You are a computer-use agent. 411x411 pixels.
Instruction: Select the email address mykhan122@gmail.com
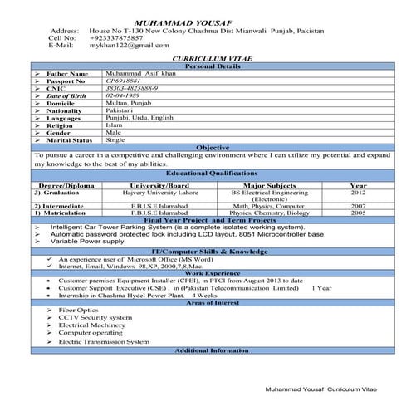[120, 46]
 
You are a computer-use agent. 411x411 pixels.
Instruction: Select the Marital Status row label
[71, 140]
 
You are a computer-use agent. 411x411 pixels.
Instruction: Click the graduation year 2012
[358, 193]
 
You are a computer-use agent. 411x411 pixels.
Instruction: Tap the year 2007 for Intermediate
[358, 205]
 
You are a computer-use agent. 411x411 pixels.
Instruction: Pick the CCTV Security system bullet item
[95, 318]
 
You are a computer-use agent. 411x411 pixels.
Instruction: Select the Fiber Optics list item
[79, 310]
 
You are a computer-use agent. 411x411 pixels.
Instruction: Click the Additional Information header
[213, 350]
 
